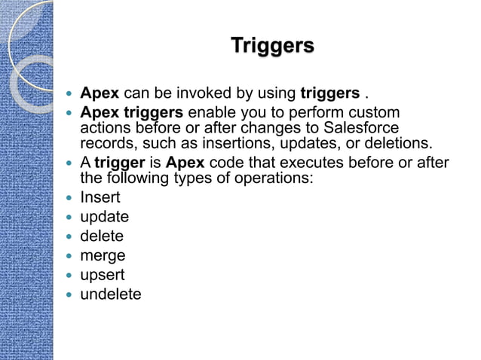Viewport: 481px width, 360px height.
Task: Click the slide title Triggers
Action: pyautogui.click(x=271, y=46)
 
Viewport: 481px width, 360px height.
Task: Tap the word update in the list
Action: pyautogui.click(x=104, y=218)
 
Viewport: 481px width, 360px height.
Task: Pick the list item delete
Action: pyautogui.click(x=102, y=236)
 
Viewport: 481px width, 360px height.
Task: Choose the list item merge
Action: pyautogui.click(x=103, y=256)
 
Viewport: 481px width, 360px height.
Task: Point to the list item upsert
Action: pyautogui.click(x=103, y=275)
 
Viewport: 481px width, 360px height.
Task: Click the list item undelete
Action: pyautogui.click(x=110, y=294)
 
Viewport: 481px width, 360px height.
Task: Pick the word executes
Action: pyautogui.click(x=277, y=164)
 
